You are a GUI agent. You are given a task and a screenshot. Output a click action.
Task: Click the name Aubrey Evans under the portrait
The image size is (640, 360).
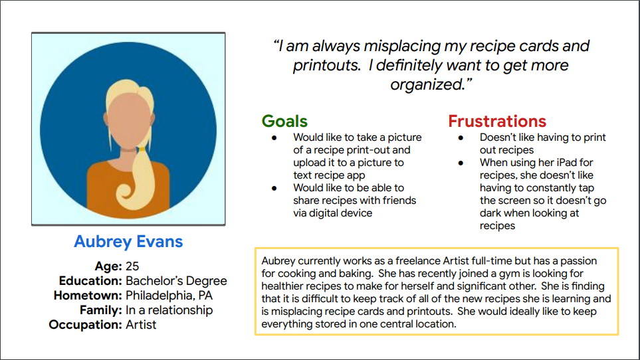click(x=128, y=241)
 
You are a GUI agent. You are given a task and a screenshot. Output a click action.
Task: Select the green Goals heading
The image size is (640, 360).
click(x=284, y=121)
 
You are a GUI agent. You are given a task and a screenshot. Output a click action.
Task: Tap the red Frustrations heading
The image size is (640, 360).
click(x=497, y=121)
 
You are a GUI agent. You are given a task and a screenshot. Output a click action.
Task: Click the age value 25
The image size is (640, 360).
click(x=132, y=266)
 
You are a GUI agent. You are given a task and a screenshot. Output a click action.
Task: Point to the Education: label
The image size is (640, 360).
click(x=90, y=281)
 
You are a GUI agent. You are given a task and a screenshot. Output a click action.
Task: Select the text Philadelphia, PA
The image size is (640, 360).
click(x=169, y=296)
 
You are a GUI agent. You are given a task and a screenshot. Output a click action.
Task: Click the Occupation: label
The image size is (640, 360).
click(x=85, y=325)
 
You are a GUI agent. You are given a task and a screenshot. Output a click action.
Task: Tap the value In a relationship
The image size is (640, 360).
click(x=169, y=310)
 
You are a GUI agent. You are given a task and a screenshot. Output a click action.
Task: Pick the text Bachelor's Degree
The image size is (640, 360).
click(x=176, y=281)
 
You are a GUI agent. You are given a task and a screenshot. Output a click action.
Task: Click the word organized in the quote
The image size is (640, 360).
click(x=427, y=84)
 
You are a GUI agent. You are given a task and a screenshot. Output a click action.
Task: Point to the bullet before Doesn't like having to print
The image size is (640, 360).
click(x=461, y=137)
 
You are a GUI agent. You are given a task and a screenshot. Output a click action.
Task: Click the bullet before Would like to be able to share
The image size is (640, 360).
click(x=274, y=189)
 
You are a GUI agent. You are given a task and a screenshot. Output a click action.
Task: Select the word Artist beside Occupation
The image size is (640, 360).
click(x=141, y=325)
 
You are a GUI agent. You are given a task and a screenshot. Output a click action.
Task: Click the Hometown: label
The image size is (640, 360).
click(x=88, y=296)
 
